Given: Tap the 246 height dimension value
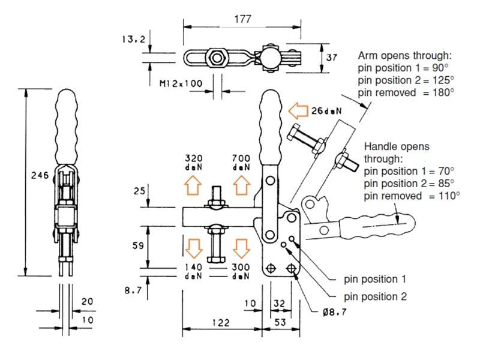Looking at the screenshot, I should click(37, 176).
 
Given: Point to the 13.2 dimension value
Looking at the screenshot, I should click(131, 40).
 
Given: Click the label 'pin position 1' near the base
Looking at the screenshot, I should click(375, 279).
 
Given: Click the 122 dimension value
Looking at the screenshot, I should click(222, 323).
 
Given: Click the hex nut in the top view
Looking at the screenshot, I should click(214, 58).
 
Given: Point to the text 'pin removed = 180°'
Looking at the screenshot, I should click(406, 92).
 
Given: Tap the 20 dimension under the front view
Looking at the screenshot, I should click(87, 302).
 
